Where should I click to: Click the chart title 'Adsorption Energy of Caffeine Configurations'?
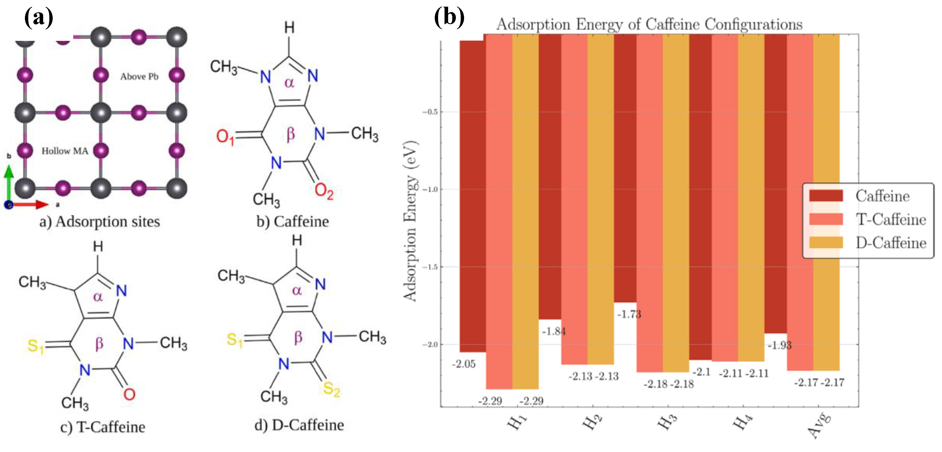649,24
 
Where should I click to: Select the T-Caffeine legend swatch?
826,219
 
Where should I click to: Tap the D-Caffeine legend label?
891,243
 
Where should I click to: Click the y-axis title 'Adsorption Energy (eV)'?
410,221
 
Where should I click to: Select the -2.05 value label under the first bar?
464,364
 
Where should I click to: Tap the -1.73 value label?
629,314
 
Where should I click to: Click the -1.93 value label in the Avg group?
779,345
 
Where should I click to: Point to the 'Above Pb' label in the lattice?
139,76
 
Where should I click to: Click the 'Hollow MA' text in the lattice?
65,151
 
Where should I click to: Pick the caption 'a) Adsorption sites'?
100,222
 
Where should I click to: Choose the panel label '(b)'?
449,17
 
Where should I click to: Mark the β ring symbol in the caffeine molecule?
290,134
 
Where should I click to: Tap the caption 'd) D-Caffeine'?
299,425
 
